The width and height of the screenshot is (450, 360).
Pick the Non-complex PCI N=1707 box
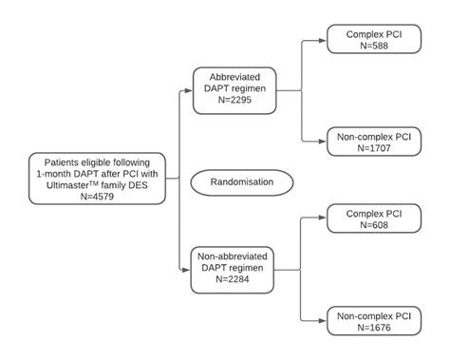[373, 142]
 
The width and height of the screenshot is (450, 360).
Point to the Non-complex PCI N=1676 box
[373, 321]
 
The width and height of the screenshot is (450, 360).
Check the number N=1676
[373, 328]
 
